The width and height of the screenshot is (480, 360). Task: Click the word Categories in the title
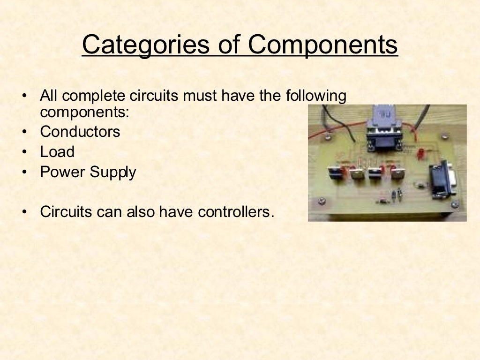[x=144, y=45]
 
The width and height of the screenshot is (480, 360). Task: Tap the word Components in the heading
[x=322, y=45]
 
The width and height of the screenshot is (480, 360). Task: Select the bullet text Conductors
[x=80, y=132]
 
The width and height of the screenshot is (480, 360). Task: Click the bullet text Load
[x=57, y=152]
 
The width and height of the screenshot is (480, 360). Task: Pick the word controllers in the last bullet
[x=235, y=211]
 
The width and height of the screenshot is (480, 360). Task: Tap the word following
[x=316, y=97]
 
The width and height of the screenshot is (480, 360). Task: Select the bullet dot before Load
[x=24, y=152]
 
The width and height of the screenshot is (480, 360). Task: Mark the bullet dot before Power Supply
[x=24, y=172]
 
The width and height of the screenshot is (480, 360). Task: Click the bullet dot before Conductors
[x=24, y=132]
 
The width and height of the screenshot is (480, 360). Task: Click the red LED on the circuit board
[x=420, y=153]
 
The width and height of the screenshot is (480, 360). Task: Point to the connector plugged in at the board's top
[x=384, y=129]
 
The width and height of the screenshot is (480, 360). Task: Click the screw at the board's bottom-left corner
[x=322, y=202]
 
